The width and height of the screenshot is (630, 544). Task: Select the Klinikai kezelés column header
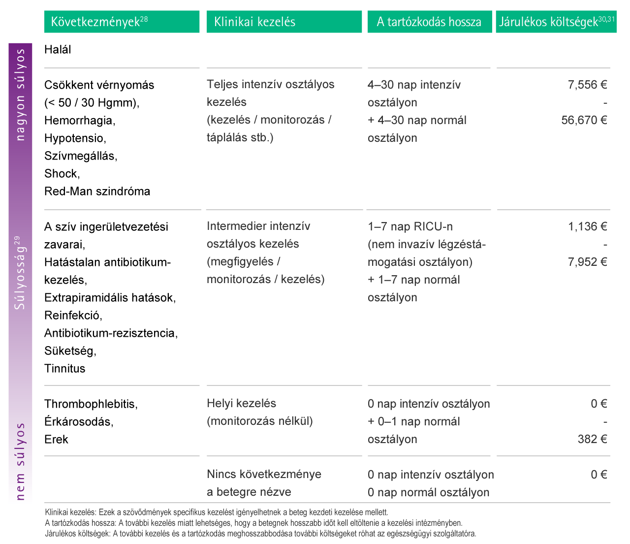coord(254,22)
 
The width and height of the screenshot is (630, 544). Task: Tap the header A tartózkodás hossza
coord(429,22)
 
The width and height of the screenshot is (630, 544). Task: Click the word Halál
coord(58,50)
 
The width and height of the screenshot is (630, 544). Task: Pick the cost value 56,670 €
coord(584,120)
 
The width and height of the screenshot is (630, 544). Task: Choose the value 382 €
coord(592,439)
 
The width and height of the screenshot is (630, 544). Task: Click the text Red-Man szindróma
coord(97,192)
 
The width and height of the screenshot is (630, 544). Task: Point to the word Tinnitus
coord(64,369)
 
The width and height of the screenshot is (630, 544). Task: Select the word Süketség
coord(70,351)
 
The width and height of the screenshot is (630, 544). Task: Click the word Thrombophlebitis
coord(91,404)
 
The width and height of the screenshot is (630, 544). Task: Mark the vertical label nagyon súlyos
coord(20,95)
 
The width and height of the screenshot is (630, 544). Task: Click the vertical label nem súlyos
coord(20,461)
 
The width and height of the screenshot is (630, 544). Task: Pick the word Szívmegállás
coord(80,156)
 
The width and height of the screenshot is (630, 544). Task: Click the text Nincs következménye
coord(264,475)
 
